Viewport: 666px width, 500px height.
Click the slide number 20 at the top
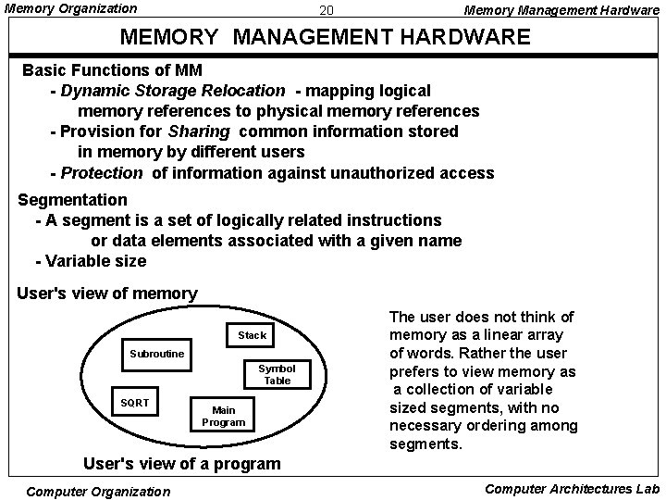(x=326, y=11)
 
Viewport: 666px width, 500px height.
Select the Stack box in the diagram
(x=252, y=335)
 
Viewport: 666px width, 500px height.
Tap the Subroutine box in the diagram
(x=156, y=355)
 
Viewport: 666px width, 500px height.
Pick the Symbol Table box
(x=276, y=374)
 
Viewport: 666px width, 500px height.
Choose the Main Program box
(x=223, y=416)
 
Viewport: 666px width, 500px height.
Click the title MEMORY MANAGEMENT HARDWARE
(x=327, y=38)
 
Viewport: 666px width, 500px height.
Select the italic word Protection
(x=102, y=173)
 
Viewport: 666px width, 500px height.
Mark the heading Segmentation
(x=73, y=200)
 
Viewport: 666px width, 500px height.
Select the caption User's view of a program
(x=181, y=463)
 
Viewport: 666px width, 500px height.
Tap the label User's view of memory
(x=107, y=294)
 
